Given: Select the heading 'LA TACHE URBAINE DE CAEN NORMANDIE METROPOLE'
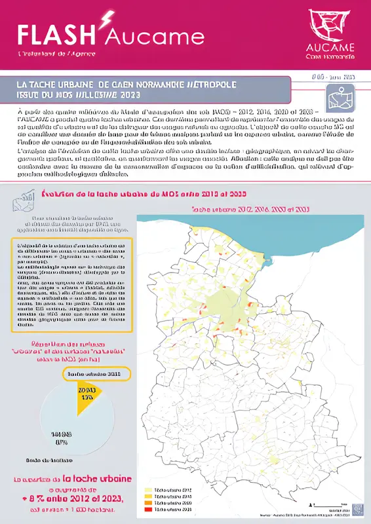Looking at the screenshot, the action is coord(127,84).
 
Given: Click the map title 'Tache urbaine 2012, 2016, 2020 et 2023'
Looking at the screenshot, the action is coord(250,210).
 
